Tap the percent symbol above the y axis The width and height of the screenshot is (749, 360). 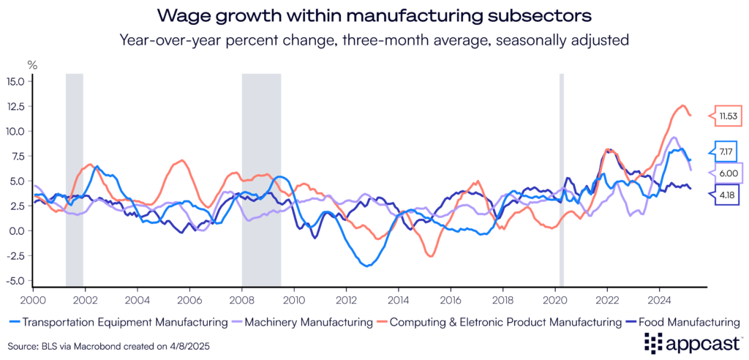pos(32,65)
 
